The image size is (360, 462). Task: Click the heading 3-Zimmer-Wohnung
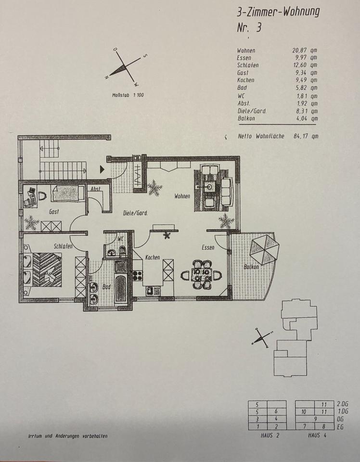(x=278, y=12)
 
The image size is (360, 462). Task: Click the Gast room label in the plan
(x=53, y=211)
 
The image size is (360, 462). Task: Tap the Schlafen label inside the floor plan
(x=63, y=246)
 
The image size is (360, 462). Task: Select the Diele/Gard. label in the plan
(x=135, y=213)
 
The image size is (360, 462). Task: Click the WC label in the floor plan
(x=121, y=238)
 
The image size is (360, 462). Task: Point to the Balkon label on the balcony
(x=251, y=267)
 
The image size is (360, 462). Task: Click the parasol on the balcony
(x=264, y=248)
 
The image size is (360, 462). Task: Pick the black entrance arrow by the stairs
(x=102, y=169)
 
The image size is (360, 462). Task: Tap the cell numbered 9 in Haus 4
(x=315, y=419)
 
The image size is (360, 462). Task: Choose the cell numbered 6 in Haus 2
(x=276, y=412)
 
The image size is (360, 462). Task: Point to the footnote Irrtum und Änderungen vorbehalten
(x=68, y=436)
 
